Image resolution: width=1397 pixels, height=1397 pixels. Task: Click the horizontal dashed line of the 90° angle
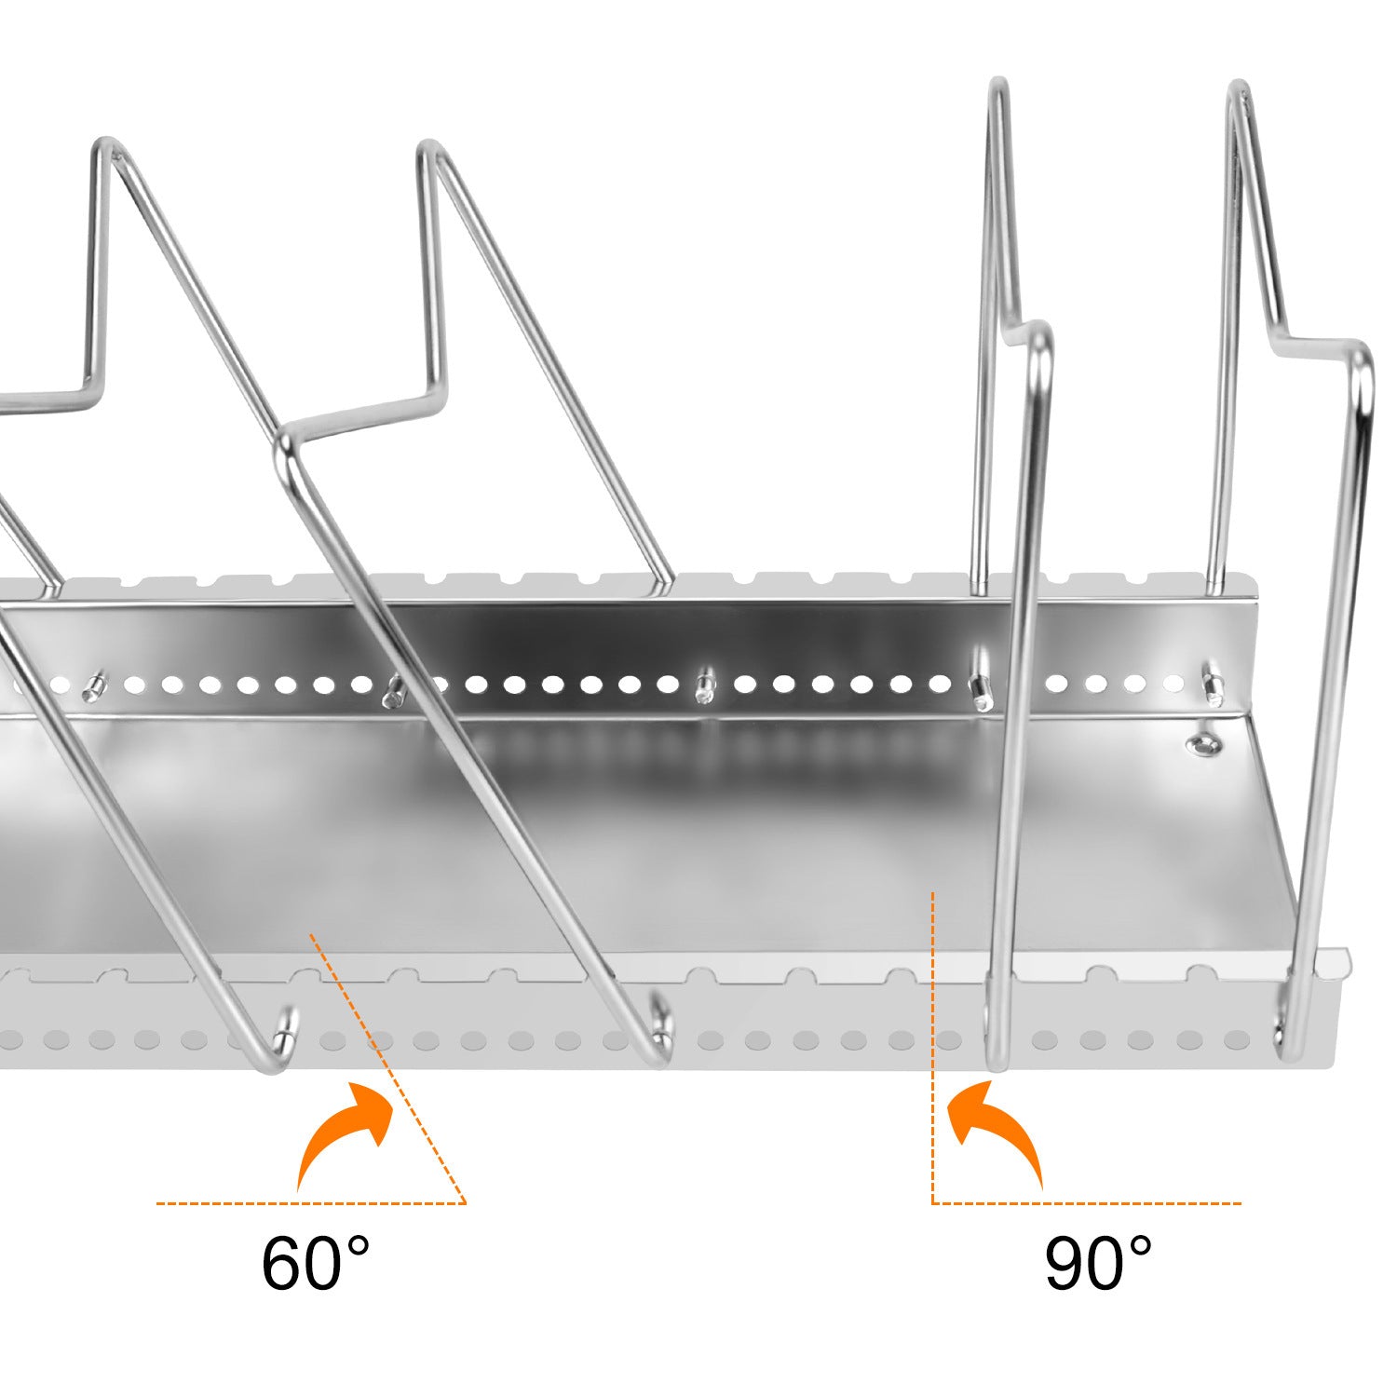1086,1203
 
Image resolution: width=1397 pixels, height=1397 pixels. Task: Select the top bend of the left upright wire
997,88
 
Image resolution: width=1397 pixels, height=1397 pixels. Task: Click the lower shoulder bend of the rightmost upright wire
1361,363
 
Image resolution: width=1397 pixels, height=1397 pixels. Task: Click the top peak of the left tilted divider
104,149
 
